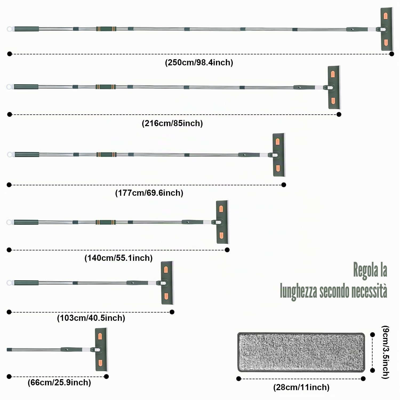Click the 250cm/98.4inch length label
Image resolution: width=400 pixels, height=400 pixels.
(199, 62)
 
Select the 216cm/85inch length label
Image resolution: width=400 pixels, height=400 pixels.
(172, 123)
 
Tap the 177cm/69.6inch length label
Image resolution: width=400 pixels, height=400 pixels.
(149, 193)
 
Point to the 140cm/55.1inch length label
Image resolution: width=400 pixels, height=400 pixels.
(118, 258)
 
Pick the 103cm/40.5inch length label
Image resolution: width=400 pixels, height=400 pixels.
(91, 318)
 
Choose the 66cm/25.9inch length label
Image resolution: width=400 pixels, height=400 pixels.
(59, 382)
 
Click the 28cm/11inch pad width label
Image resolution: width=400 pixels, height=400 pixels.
(301, 387)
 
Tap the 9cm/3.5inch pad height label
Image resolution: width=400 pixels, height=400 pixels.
(386, 352)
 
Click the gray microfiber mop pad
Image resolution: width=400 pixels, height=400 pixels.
(301, 352)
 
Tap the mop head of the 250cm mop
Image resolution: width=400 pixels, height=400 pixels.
(386, 29)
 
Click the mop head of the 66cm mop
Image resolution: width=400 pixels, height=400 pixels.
(101, 349)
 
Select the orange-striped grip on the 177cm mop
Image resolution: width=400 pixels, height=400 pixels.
(106, 154)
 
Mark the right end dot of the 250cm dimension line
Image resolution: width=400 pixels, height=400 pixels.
(391, 54)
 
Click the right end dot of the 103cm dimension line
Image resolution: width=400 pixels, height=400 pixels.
(172, 312)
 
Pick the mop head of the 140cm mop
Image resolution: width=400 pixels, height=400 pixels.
(222, 222)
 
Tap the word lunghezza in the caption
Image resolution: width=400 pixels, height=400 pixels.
(299, 291)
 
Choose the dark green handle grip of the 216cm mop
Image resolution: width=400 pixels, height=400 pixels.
(26, 87)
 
